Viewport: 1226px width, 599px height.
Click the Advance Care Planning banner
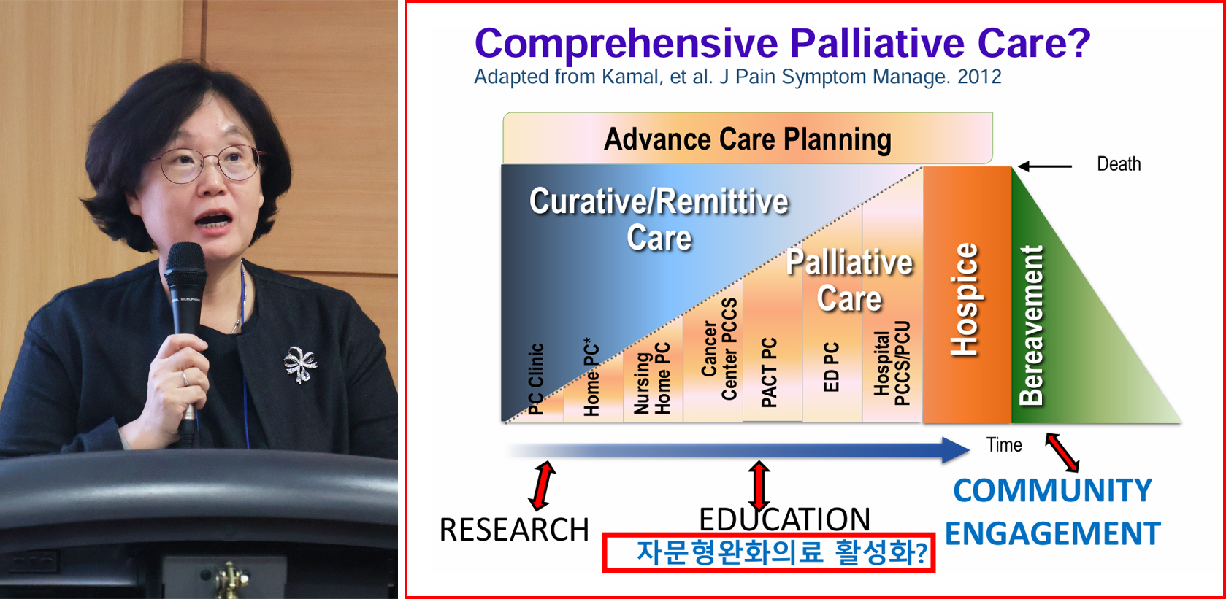(748, 138)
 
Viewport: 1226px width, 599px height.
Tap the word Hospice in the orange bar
(965, 299)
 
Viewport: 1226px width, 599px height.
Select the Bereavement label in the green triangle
(1031, 325)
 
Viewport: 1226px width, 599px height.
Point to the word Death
(1119, 163)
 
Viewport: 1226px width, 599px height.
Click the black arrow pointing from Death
(1044, 166)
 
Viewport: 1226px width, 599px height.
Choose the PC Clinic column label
(537, 379)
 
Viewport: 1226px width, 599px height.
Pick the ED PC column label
(831, 366)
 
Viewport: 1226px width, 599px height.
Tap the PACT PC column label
(769, 372)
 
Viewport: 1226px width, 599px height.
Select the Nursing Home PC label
(651, 378)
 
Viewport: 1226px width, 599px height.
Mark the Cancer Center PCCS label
(719, 349)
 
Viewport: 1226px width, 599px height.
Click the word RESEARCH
(514, 530)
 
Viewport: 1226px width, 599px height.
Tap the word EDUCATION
(784, 519)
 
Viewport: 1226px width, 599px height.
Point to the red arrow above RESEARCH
(543, 485)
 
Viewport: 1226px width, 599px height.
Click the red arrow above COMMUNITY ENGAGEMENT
(1062, 452)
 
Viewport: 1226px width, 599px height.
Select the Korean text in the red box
(781, 552)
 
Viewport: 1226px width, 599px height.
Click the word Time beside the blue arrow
(1004, 445)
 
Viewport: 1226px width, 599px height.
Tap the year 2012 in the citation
(979, 77)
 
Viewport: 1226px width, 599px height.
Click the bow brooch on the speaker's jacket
(299, 364)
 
